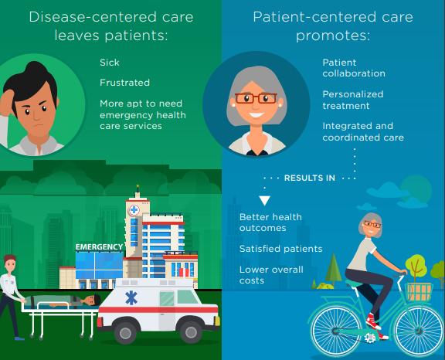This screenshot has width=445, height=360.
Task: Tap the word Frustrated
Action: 124,82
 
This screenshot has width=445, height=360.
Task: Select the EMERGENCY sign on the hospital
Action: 98,247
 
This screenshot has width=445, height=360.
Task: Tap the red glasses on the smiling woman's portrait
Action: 256,99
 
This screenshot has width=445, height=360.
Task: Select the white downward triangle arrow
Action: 263,201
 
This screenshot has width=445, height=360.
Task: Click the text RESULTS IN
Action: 309,178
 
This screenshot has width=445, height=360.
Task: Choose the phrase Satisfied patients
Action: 280,249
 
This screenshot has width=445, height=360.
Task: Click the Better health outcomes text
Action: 270,222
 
